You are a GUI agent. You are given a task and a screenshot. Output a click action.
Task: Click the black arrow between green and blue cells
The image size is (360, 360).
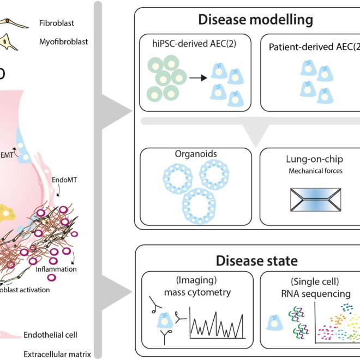point(197,77)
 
